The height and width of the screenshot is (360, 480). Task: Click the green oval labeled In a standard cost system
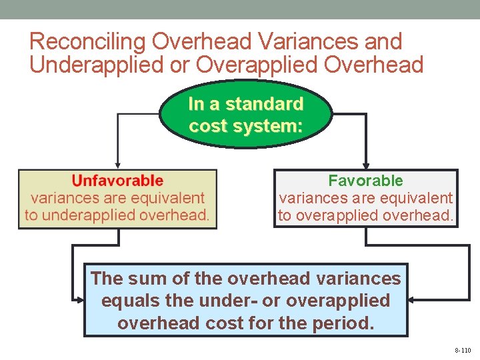pyautogui.click(x=245, y=115)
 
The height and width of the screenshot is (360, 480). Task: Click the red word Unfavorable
pyautogui.click(x=117, y=181)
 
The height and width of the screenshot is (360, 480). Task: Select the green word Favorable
pyautogui.click(x=365, y=181)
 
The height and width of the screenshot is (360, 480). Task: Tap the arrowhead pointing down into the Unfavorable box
pyautogui.click(x=118, y=165)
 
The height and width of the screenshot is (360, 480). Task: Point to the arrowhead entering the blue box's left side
pyautogui.click(x=80, y=300)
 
